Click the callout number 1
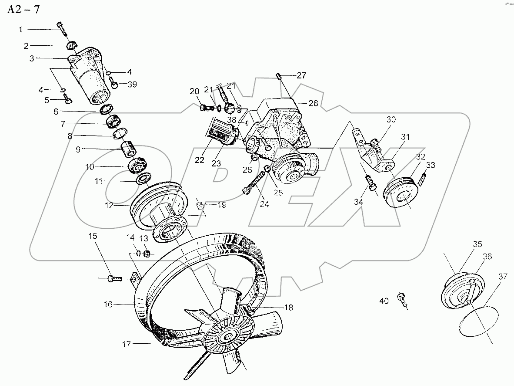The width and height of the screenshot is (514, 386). tap(20, 30)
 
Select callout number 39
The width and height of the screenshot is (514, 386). tap(132, 85)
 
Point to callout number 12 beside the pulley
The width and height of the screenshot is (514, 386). tap(109, 205)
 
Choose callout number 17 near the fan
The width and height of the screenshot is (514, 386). tap(126, 344)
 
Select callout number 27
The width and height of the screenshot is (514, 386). tap(302, 75)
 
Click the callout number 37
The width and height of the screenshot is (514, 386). tap(503, 277)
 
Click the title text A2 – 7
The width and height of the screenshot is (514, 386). tap(23, 10)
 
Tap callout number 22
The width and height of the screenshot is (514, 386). tap(199, 160)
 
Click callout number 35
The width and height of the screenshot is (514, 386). tap(477, 244)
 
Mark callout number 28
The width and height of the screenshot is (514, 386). tap(313, 103)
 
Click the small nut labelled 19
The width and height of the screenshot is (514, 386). tap(200, 205)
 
